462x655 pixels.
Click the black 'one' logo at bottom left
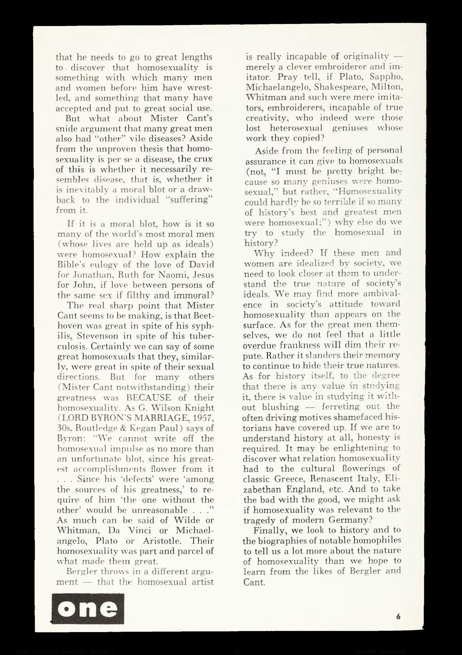88,608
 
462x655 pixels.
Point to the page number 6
398,616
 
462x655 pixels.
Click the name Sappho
386,77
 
